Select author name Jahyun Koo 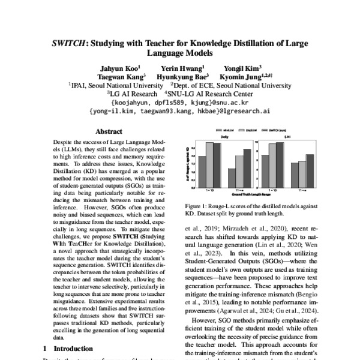click(x=118, y=68)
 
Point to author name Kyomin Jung click(x=246, y=77)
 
